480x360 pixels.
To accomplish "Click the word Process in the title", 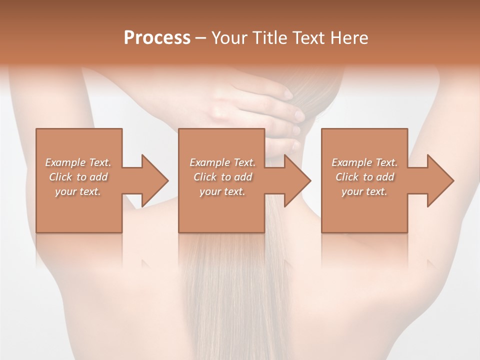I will coord(157,38).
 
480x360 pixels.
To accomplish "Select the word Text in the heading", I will coord(307,38).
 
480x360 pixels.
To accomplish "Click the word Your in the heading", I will coord(230,38).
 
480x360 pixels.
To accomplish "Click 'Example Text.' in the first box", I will coord(78,162).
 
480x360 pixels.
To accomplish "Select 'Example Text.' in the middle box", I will coord(222,162).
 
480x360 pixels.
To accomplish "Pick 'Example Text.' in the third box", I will coord(364,162).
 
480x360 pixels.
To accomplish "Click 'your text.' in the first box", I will coord(78,191).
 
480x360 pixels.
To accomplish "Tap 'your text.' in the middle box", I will coord(222,191).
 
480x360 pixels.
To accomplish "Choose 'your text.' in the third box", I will coord(364,191).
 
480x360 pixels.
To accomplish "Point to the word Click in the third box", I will coord(347,177).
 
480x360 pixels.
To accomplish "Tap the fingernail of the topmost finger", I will coord(288,93).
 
